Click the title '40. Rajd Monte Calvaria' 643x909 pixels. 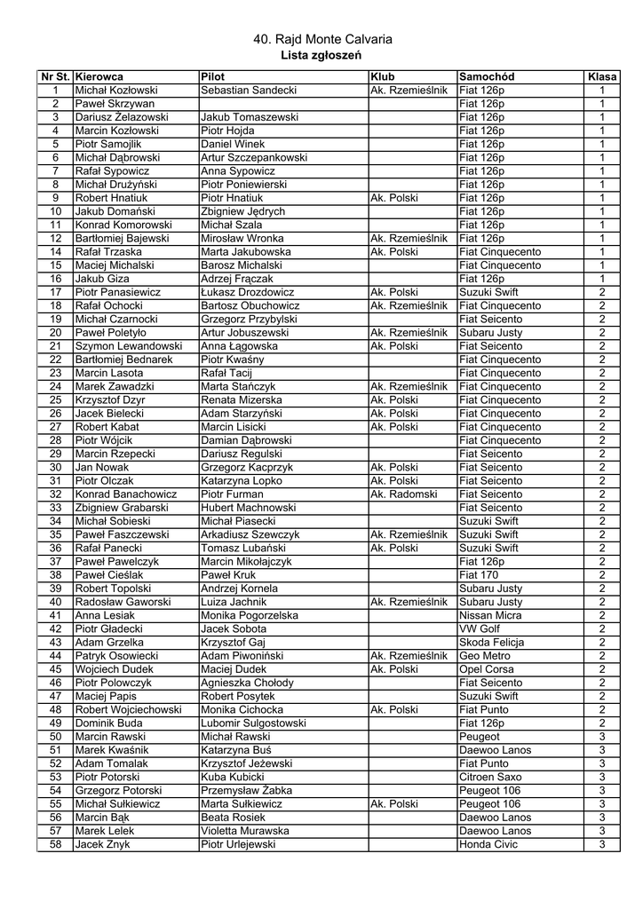(x=321, y=40)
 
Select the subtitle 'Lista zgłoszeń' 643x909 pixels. (x=321, y=55)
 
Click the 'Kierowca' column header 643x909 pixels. (x=99, y=77)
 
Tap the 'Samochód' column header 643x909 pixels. (x=486, y=77)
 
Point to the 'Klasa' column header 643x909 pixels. (x=601, y=77)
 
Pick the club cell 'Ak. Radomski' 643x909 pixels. (x=404, y=494)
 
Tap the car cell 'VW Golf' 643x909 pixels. (x=480, y=628)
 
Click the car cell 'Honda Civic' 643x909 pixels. (x=488, y=844)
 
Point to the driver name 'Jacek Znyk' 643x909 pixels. (x=102, y=844)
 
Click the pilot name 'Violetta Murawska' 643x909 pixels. (x=245, y=831)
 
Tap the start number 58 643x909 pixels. (x=55, y=844)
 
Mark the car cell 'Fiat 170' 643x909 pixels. (x=479, y=574)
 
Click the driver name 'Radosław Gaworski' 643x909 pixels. (x=123, y=602)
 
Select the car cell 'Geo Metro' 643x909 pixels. (x=485, y=655)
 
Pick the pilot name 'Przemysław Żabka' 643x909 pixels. (x=246, y=790)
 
